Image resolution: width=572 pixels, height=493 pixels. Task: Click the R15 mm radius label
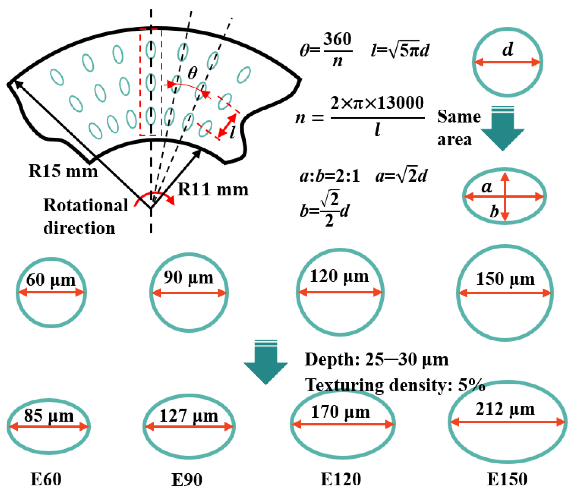[63, 171]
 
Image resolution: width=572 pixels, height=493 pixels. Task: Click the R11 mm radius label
[213, 190]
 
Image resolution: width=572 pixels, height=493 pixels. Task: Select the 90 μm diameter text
[188, 277]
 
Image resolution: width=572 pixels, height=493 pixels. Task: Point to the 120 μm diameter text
[339, 276]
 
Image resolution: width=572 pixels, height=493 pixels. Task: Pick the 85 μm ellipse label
[49, 415]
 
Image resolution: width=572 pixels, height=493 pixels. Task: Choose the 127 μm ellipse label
[188, 415]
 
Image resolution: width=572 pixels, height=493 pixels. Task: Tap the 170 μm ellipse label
[340, 412]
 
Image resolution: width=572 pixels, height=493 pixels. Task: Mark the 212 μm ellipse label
[505, 409]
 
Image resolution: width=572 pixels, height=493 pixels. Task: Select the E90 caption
[187, 480]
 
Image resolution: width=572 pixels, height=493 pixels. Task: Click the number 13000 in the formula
[400, 103]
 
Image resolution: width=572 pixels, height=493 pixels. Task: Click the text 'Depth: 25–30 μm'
[376, 360]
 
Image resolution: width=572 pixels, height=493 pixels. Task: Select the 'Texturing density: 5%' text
[395, 385]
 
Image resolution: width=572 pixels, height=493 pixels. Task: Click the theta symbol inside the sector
[192, 73]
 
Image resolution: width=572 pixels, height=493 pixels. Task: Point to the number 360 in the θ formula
[337, 39]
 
